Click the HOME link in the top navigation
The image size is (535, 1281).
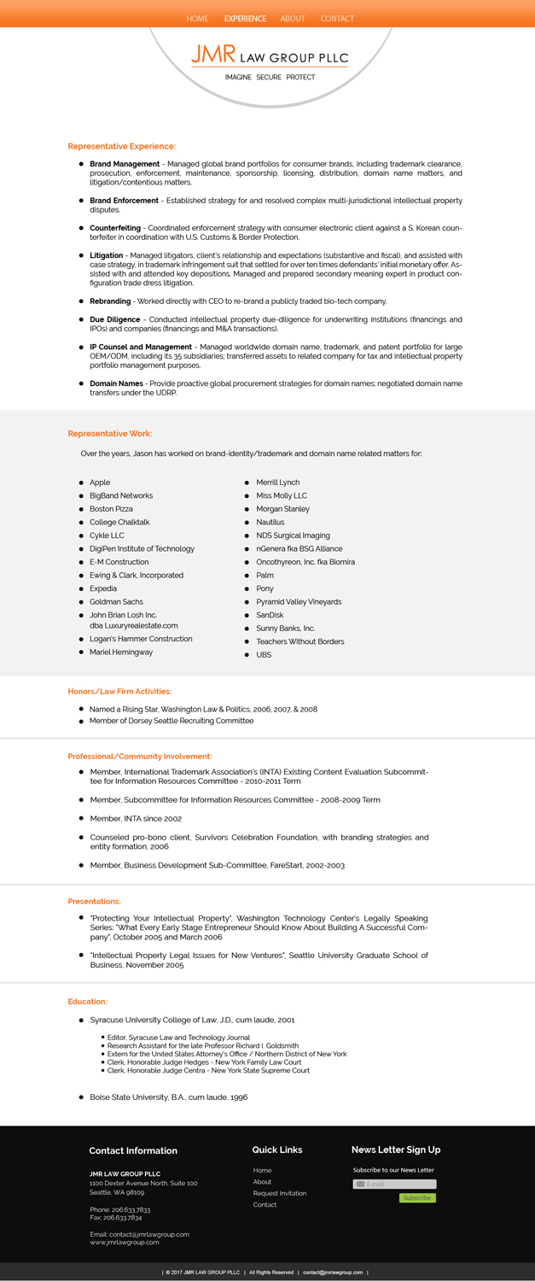click(x=197, y=19)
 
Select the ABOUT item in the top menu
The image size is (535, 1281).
click(x=293, y=19)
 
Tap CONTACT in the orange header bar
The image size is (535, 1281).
click(x=337, y=19)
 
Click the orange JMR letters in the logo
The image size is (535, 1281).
click(x=212, y=55)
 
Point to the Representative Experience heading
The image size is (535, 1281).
click(x=121, y=147)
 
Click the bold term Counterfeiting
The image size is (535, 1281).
click(x=115, y=228)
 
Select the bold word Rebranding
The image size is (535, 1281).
click(x=110, y=301)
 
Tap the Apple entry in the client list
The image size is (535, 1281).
click(x=100, y=483)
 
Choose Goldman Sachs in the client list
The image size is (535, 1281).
click(x=116, y=602)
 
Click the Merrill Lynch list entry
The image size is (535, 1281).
click(x=277, y=483)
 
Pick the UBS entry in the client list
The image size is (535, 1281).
click(x=264, y=655)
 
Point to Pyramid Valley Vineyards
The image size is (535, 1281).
click(x=299, y=602)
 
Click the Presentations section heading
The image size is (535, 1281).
click(x=94, y=901)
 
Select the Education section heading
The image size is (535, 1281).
click(x=87, y=1001)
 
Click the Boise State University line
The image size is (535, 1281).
click(x=168, y=1097)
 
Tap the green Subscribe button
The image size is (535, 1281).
click(x=417, y=1198)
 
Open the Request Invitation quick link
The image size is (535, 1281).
click(x=280, y=1193)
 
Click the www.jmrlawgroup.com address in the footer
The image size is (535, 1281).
click(x=125, y=1243)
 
